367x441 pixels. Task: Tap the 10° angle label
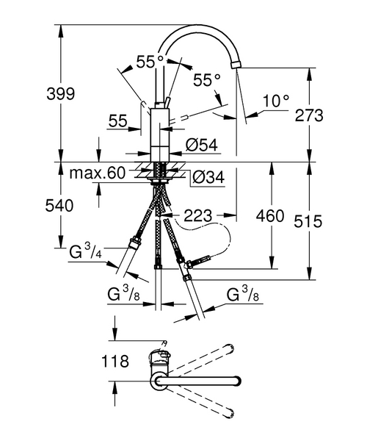pyautogui.click(x=276, y=101)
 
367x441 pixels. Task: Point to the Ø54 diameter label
pyautogui.click(x=201, y=146)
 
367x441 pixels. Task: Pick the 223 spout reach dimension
pyautogui.click(x=199, y=215)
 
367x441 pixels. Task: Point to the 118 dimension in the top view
pyautogui.click(x=116, y=362)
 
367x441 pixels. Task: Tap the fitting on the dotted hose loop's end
pyautogui.click(x=200, y=260)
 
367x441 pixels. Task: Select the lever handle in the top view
pyautogui.click(x=161, y=357)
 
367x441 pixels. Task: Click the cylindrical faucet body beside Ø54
pyautogui.click(x=160, y=132)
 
